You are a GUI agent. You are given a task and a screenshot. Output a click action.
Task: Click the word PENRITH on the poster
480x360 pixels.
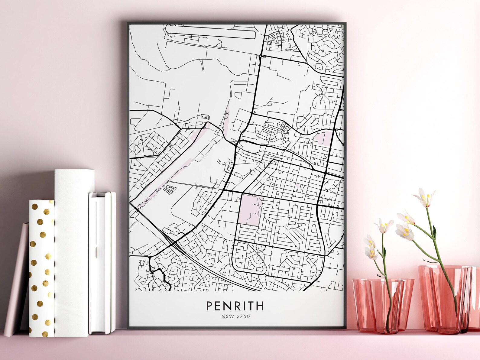[235, 306]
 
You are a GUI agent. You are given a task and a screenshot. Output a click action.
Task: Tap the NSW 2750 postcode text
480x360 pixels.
[235, 316]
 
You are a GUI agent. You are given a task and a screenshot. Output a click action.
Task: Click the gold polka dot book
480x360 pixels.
[41, 268]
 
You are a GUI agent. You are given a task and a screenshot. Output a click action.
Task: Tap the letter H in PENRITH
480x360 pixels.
[260, 306]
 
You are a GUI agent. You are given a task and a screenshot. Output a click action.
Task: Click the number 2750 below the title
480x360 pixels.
[243, 316]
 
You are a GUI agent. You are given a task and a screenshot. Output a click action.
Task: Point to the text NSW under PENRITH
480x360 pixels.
[226, 316]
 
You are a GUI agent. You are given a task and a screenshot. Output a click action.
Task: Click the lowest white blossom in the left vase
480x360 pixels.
[371, 252]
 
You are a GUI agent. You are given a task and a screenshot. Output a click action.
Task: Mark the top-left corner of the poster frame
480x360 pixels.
[128, 22]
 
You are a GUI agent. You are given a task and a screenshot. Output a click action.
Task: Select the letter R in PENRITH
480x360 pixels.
[235, 306]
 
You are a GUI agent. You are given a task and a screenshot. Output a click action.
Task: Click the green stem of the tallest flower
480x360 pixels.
[435, 242]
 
